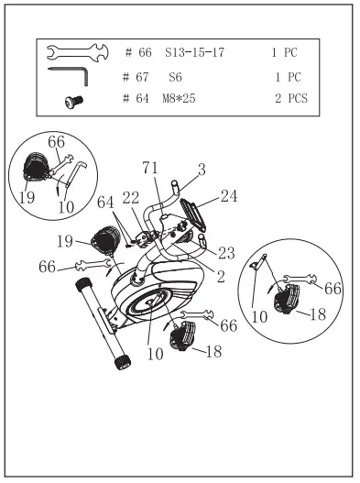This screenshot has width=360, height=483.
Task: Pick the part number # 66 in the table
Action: click(x=135, y=52)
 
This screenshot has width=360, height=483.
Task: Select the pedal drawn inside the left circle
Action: click(x=34, y=168)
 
